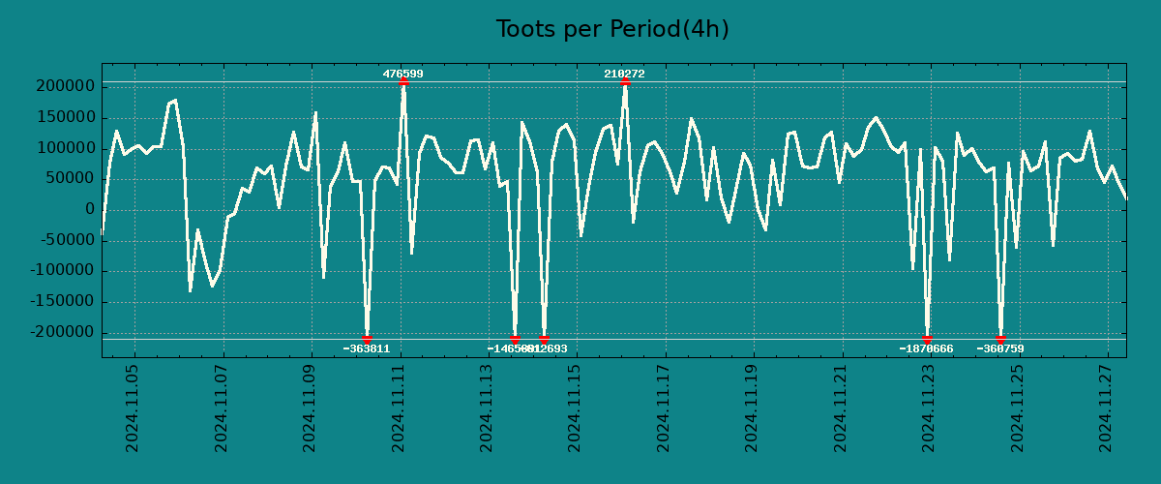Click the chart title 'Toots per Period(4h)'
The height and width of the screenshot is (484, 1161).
click(612, 30)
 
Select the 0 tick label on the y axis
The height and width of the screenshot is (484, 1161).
click(90, 209)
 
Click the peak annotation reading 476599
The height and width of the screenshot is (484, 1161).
click(402, 74)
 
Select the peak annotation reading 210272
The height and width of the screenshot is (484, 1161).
click(624, 74)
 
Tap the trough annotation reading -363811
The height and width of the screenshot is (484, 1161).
click(367, 348)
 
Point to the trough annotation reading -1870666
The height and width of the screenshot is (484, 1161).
click(926, 348)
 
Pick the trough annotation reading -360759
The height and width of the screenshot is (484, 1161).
click(1000, 348)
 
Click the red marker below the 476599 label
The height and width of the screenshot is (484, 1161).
click(403, 82)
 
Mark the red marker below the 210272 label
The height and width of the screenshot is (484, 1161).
click(625, 82)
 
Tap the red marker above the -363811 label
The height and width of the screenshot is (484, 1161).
click(367, 339)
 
